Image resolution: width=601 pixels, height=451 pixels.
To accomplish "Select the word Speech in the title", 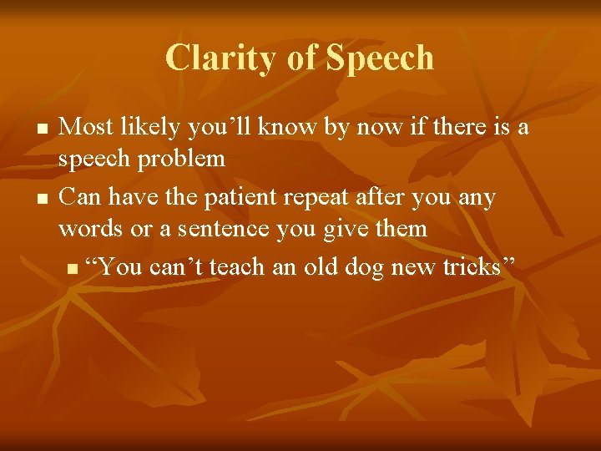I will (380, 58).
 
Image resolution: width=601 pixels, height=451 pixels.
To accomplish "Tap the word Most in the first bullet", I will (88, 127).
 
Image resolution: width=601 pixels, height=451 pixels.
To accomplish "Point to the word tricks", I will (476, 266).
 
